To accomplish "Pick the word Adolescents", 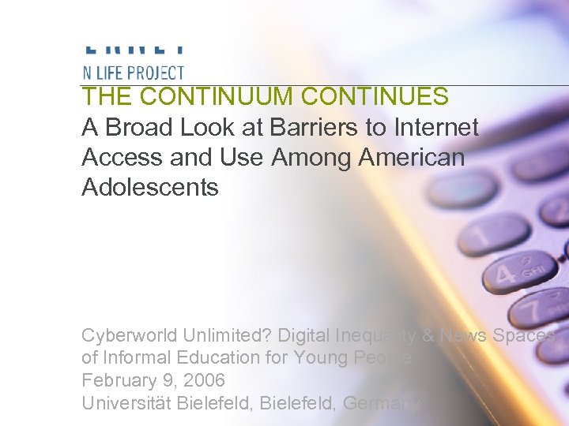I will (149, 188).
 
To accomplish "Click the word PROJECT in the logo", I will (155, 73).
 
